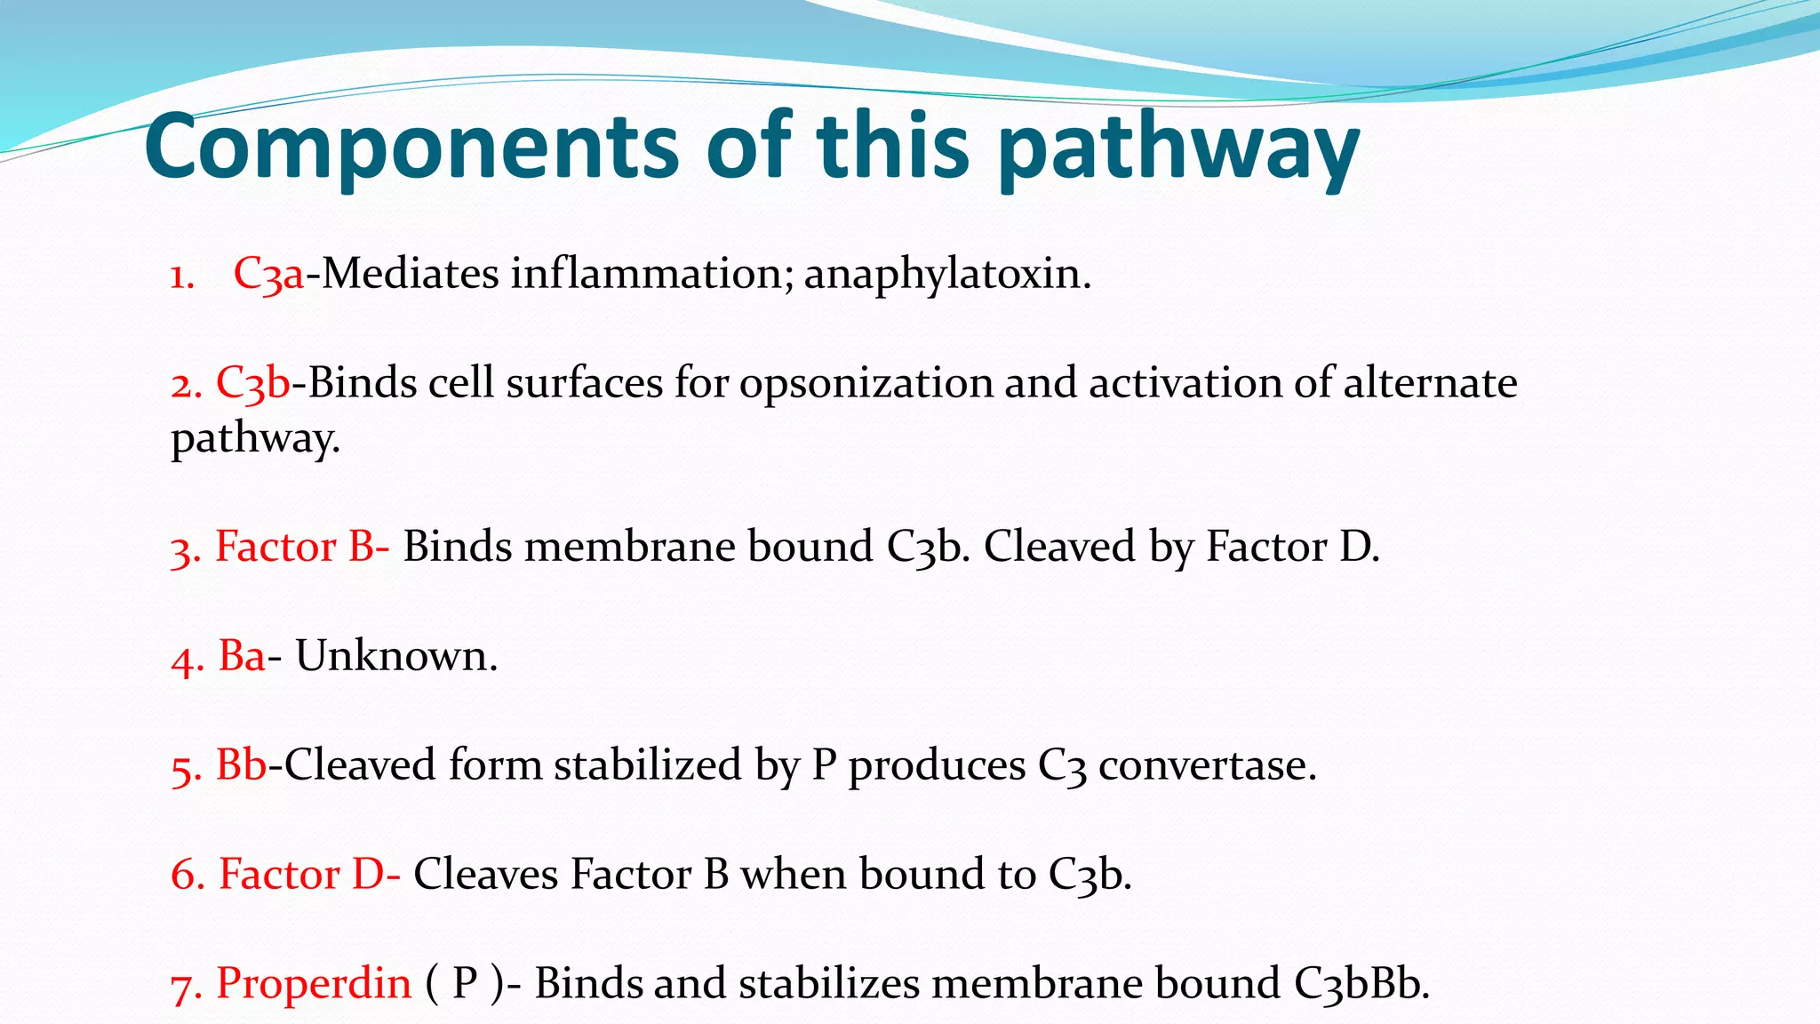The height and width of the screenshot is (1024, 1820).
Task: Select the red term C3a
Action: tap(268, 274)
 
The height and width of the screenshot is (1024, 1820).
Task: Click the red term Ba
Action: tap(242, 657)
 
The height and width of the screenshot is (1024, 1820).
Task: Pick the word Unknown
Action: tap(395, 657)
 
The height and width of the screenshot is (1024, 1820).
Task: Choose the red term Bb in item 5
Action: tap(242, 765)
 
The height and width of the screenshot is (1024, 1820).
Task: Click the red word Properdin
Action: tap(314, 984)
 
